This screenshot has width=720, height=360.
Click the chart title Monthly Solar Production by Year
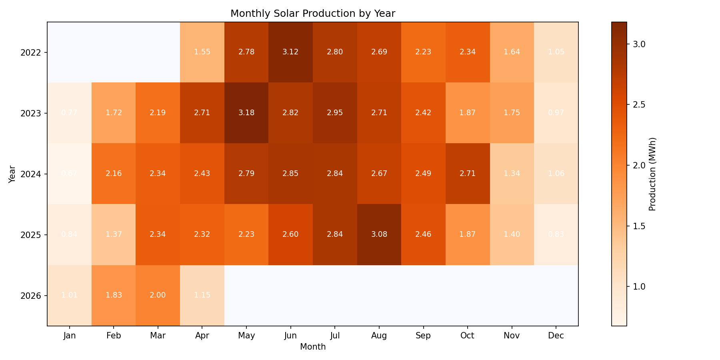pos(312,14)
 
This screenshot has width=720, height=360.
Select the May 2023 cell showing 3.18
pos(246,113)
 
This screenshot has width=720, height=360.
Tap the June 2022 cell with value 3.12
pos(290,52)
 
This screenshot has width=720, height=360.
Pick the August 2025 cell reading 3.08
pos(379,234)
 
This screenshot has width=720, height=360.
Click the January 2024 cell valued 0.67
pos(70,174)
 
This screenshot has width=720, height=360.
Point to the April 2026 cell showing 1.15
pos(202,295)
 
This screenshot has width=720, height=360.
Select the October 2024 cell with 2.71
pos(467,174)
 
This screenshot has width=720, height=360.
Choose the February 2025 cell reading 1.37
pos(114,234)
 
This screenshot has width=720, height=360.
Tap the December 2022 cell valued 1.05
pos(556,52)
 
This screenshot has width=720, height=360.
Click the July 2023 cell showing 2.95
pos(335,113)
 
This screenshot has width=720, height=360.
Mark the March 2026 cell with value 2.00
pos(158,295)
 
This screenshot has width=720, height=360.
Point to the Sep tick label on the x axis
pos(423,336)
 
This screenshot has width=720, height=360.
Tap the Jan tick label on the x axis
pos(70,336)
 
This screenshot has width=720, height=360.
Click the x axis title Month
pos(312,347)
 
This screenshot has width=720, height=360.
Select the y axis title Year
pos(12,174)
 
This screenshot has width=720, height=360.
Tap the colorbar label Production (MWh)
pos(652,174)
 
